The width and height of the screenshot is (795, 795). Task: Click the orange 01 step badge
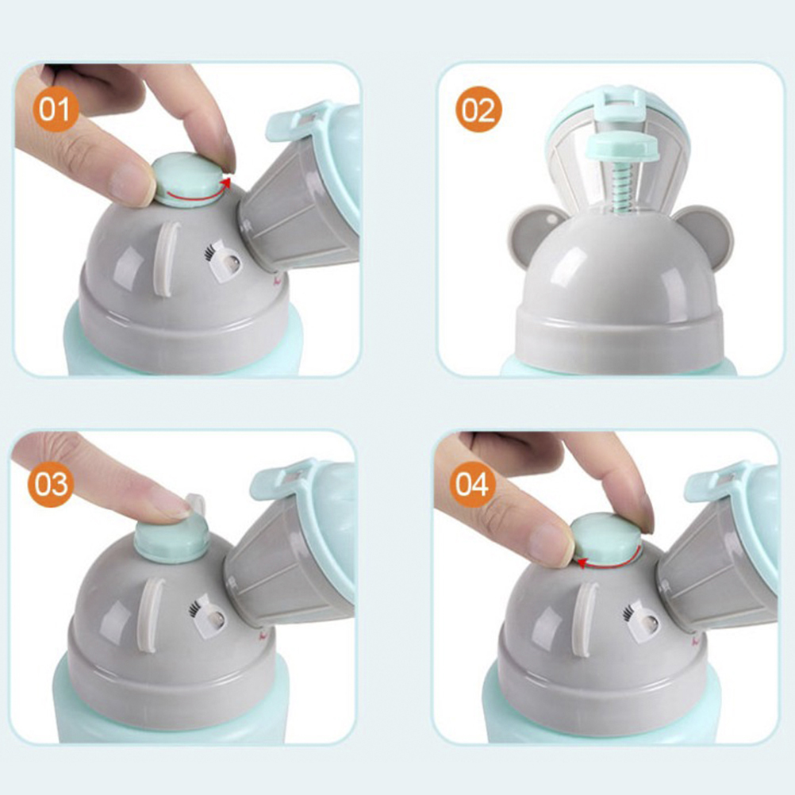click(55, 109)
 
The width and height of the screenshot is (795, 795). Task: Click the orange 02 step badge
click(478, 109)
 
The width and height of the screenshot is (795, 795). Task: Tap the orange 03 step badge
click(51, 483)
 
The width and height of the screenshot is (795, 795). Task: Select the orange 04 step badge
click(472, 483)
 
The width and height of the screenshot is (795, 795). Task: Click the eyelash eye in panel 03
click(207, 615)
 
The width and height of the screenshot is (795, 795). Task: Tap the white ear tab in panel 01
click(167, 259)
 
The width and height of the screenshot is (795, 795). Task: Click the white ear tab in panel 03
click(152, 615)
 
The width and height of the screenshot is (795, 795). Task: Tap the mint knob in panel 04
click(606, 540)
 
